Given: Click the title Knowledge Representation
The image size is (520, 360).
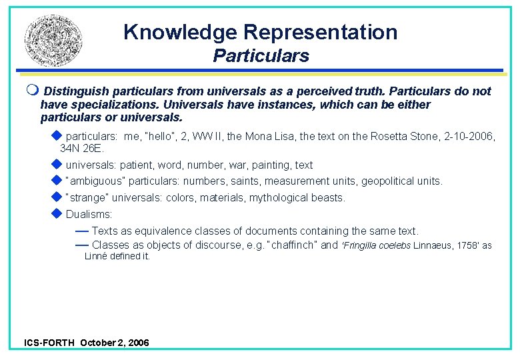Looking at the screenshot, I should [260, 32].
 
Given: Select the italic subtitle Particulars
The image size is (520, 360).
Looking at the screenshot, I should [261, 56].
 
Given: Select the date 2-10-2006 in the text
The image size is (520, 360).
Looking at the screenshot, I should [471, 136].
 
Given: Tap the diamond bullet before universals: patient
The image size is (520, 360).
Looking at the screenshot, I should [56, 164].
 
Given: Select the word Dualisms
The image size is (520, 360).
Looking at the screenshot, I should [89, 215].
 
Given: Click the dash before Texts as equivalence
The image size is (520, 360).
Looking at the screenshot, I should [82, 231].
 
